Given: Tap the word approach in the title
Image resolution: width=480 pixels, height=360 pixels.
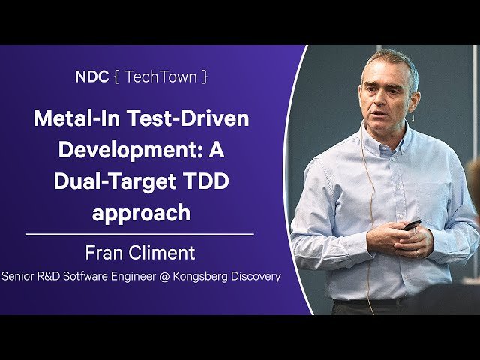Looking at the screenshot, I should (x=141, y=213).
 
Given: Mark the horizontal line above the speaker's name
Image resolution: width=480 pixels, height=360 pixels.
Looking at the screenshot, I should (x=140, y=235).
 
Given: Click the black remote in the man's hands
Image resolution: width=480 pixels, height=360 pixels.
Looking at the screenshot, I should (x=411, y=225).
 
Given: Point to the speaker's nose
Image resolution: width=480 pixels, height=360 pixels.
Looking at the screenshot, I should (x=379, y=100).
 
